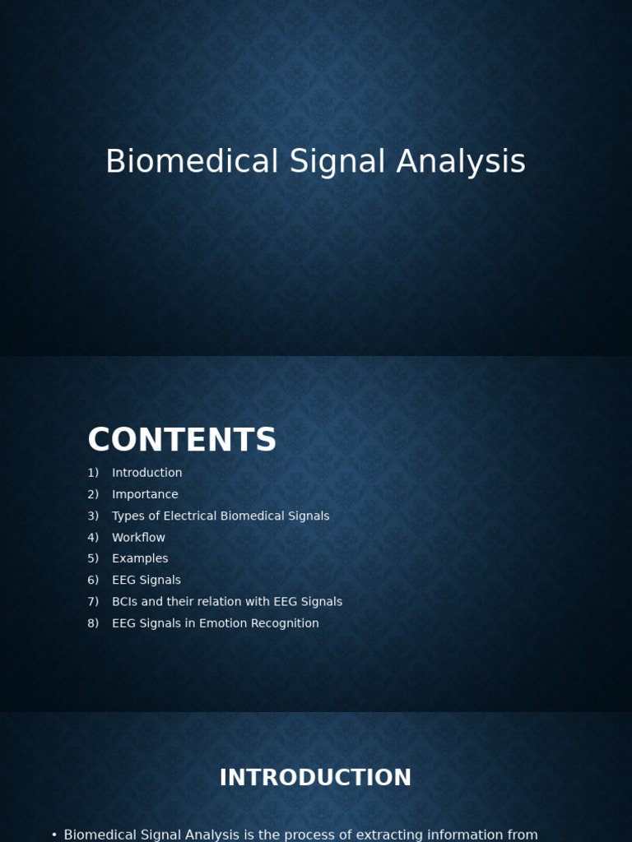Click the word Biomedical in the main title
point(192,162)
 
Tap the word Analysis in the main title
point(461,162)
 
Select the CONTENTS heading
point(182,441)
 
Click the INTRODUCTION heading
point(315,778)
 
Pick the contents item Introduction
point(146,473)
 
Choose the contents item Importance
point(145,494)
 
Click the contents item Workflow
point(138,538)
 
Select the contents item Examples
point(140,558)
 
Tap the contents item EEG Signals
point(146,581)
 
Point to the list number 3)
point(93,516)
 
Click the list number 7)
point(93,602)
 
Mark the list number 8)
point(93,623)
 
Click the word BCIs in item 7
point(125,602)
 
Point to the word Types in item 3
point(128,516)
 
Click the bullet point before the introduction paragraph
point(54,835)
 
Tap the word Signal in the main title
point(337,162)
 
